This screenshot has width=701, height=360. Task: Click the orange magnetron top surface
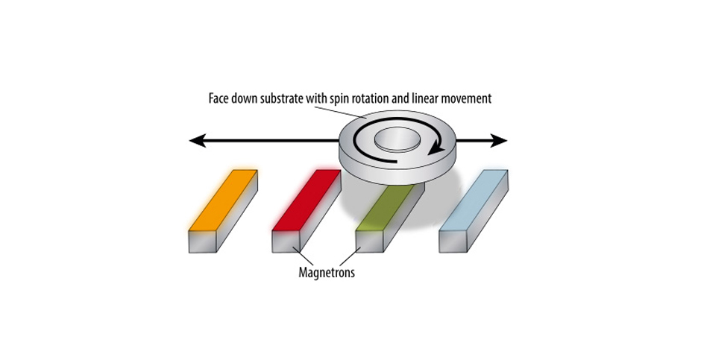click(x=223, y=200)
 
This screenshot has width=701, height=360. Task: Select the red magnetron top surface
click(x=307, y=200)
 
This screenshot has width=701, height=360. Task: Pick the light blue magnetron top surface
click(x=473, y=200)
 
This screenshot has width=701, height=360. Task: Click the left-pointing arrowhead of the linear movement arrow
click(x=197, y=141)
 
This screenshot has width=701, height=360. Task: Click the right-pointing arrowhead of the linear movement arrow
click(x=500, y=141)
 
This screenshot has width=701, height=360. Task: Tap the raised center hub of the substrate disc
click(x=397, y=139)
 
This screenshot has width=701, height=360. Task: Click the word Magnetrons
click(x=327, y=272)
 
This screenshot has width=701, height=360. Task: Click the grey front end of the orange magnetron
click(x=203, y=241)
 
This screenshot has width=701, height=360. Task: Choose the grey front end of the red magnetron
click(x=286, y=241)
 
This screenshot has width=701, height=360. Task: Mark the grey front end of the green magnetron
click(x=370, y=241)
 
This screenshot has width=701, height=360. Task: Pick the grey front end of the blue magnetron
click(x=453, y=241)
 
